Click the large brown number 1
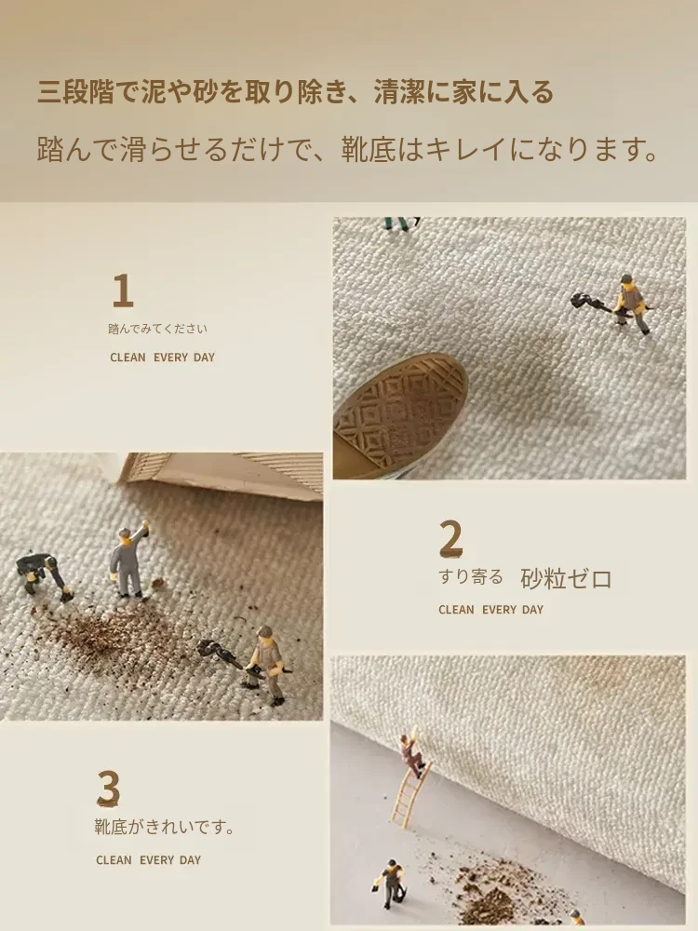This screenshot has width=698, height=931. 123,290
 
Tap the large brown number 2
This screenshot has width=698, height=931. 451,538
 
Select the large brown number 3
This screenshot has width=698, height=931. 109,788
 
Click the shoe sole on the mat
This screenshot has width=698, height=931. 400,415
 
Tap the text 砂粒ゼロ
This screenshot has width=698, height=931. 566,578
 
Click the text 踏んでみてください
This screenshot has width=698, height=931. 158,329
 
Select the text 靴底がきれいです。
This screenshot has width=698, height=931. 165,827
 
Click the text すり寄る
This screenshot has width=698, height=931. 471,576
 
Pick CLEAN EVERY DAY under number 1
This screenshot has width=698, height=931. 162,358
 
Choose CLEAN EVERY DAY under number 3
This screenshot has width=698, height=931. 148,859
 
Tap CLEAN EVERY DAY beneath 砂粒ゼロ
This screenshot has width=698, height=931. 490,610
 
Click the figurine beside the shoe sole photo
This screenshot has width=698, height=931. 630,303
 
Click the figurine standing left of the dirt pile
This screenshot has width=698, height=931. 390,884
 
